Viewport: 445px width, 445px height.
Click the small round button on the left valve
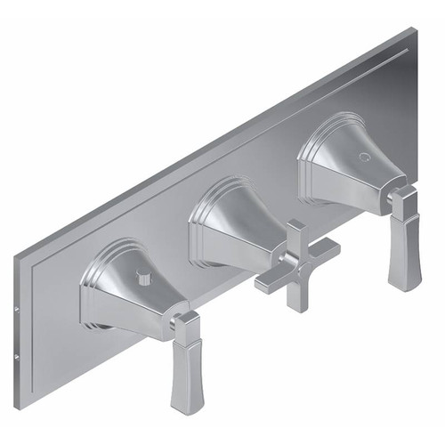pos(139,279)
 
